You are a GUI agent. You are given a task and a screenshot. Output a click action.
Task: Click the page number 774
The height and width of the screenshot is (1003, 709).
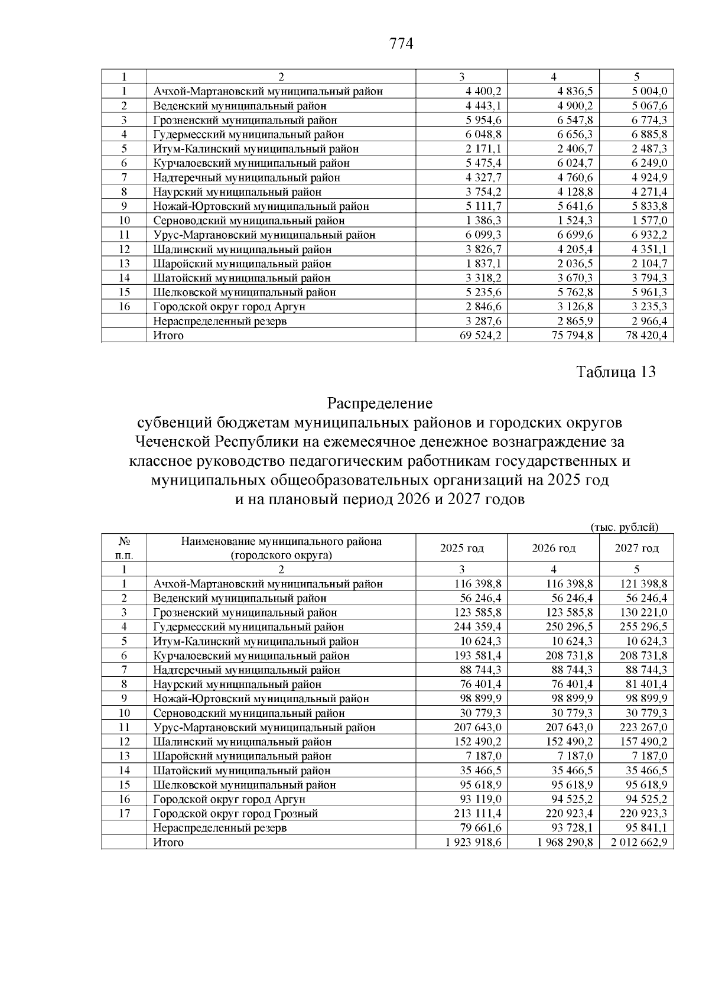(x=401, y=44)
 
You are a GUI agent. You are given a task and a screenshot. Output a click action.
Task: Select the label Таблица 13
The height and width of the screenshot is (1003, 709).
(x=616, y=372)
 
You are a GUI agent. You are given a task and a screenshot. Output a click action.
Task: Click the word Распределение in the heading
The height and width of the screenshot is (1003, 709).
(x=380, y=404)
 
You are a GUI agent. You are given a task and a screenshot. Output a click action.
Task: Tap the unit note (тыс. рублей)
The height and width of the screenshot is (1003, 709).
(x=625, y=527)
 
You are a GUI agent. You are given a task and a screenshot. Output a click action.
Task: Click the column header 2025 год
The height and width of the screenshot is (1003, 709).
(x=462, y=548)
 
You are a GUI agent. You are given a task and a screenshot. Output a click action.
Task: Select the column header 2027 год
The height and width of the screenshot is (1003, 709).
(x=637, y=548)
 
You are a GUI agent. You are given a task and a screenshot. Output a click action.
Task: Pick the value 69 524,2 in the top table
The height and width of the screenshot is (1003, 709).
(x=476, y=336)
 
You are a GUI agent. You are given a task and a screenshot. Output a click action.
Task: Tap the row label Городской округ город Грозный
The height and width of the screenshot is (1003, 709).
(x=235, y=814)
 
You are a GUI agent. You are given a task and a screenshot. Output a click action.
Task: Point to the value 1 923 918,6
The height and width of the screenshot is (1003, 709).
(x=473, y=842)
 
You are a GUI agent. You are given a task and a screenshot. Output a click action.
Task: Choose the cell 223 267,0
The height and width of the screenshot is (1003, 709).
(x=643, y=728)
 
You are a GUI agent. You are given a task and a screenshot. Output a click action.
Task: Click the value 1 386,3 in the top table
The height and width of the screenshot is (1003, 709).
(x=483, y=220)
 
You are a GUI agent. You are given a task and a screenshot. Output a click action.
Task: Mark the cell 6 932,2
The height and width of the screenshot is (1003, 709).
(x=648, y=235)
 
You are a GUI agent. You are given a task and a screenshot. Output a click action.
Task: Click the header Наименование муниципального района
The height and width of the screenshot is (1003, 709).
(x=281, y=541)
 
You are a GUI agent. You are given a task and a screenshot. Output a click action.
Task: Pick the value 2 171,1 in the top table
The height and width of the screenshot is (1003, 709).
(x=483, y=149)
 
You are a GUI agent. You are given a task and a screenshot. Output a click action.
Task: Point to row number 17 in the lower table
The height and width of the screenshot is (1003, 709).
(x=124, y=814)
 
